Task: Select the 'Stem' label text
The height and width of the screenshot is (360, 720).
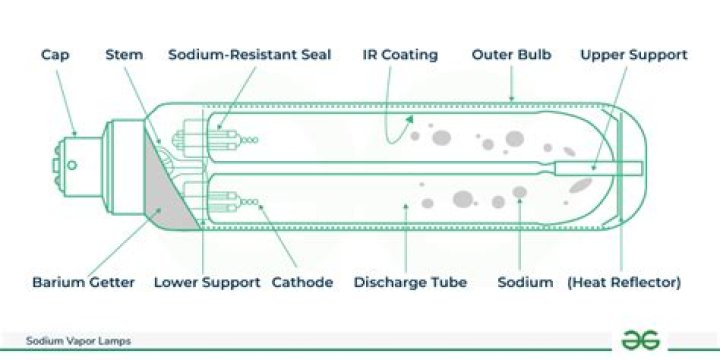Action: click(x=124, y=54)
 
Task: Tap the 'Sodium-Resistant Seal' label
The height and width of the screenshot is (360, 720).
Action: click(x=249, y=54)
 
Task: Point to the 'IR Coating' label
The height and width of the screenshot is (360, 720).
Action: click(x=400, y=54)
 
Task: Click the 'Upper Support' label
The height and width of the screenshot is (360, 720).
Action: click(x=634, y=54)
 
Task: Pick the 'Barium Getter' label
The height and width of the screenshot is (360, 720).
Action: click(x=82, y=282)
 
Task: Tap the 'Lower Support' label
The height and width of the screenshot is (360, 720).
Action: click(x=207, y=282)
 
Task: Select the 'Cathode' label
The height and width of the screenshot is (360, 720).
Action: click(x=302, y=282)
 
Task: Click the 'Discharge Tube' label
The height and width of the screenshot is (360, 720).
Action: click(x=410, y=282)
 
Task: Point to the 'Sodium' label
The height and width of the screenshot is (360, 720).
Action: click(x=525, y=282)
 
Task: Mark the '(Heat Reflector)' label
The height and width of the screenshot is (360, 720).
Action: click(x=624, y=282)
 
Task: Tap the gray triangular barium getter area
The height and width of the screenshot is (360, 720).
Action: click(x=165, y=195)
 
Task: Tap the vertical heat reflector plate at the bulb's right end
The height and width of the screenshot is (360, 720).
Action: click(x=620, y=165)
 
